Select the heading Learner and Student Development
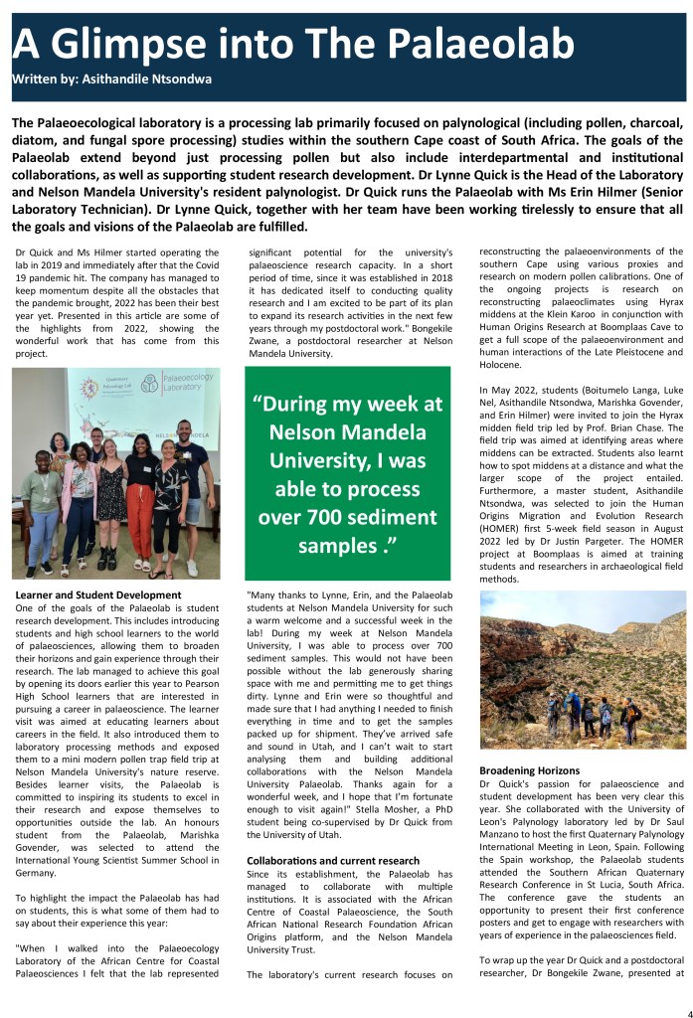coord(85,594)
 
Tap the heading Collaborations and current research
coord(332,860)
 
